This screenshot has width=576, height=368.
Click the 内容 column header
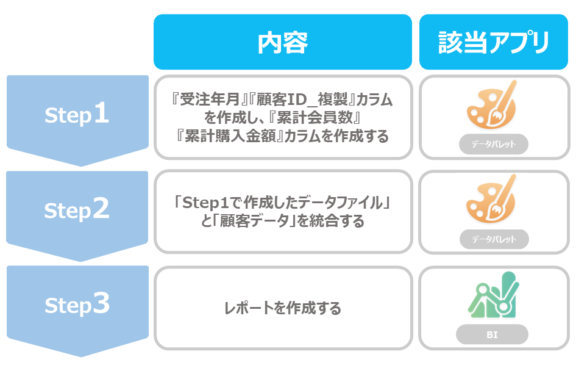(282, 42)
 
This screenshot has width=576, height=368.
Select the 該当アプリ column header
(493, 42)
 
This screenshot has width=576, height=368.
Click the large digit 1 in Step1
(101, 113)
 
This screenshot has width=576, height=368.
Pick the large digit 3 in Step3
(101, 303)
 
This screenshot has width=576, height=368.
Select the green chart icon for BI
(493, 295)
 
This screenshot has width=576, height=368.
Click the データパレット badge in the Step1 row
(493, 144)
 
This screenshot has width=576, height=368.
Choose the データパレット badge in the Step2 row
(494, 239)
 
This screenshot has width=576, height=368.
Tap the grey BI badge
(492, 334)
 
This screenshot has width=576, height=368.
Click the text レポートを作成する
(282, 308)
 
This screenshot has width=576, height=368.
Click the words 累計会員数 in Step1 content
(315, 118)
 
